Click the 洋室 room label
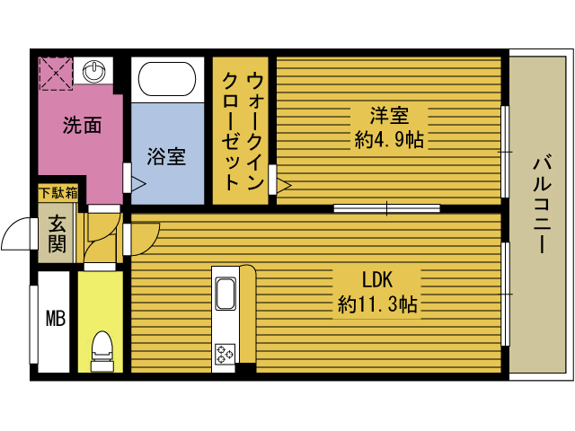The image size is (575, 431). pos(389,116)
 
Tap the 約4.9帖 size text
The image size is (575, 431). pos(389,139)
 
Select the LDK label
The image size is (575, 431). pos(378,278)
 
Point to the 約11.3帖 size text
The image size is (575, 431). pos(377,303)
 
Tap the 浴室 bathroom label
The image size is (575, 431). pos(166,155)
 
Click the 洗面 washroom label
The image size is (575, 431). pos(81,126)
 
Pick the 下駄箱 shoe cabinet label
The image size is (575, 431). pos(57,192)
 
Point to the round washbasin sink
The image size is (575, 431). pos(93,69)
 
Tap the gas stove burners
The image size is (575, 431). pos(224,354)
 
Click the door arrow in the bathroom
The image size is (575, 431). pos(138,184)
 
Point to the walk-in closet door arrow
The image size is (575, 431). pos(284,186)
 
